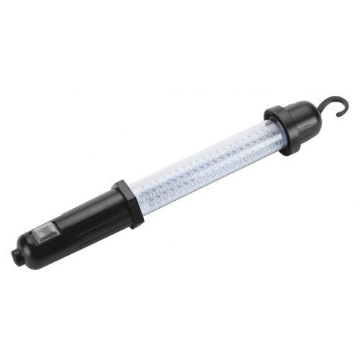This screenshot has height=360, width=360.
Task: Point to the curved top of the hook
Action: (338, 102)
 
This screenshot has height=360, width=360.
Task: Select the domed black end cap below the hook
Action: (306, 122)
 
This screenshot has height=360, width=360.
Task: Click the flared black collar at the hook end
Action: (281, 131)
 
